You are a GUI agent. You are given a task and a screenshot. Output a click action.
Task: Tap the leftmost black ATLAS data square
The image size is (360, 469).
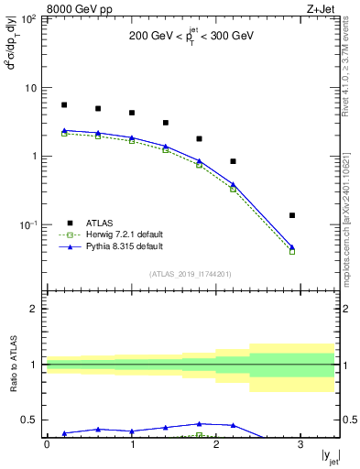click(x=64, y=105)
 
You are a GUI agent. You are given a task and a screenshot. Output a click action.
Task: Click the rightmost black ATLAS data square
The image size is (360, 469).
click(x=292, y=215)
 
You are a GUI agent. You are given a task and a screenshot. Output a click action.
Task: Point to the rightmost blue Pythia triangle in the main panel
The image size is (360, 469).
click(x=292, y=247)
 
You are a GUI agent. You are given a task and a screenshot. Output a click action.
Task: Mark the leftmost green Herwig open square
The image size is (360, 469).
click(x=64, y=134)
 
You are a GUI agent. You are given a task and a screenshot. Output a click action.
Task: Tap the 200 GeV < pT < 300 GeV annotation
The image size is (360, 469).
click(x=191, y=38)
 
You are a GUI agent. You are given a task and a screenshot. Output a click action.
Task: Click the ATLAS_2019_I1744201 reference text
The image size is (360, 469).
click(x=191, y=274)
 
